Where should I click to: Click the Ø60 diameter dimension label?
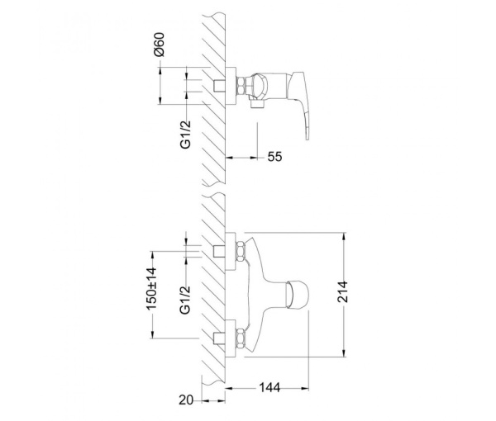[160, 45]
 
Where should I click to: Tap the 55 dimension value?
[274, 157]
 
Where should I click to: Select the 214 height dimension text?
[342, 292]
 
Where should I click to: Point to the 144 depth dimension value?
[269, 387]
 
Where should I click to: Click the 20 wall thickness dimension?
[186, 400]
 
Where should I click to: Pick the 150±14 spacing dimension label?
[151, 288]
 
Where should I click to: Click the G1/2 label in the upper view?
[186, 135]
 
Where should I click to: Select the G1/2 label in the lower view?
[185, 300]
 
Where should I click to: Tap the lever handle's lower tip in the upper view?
[307, 138]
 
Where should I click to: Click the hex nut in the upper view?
[241, 86]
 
